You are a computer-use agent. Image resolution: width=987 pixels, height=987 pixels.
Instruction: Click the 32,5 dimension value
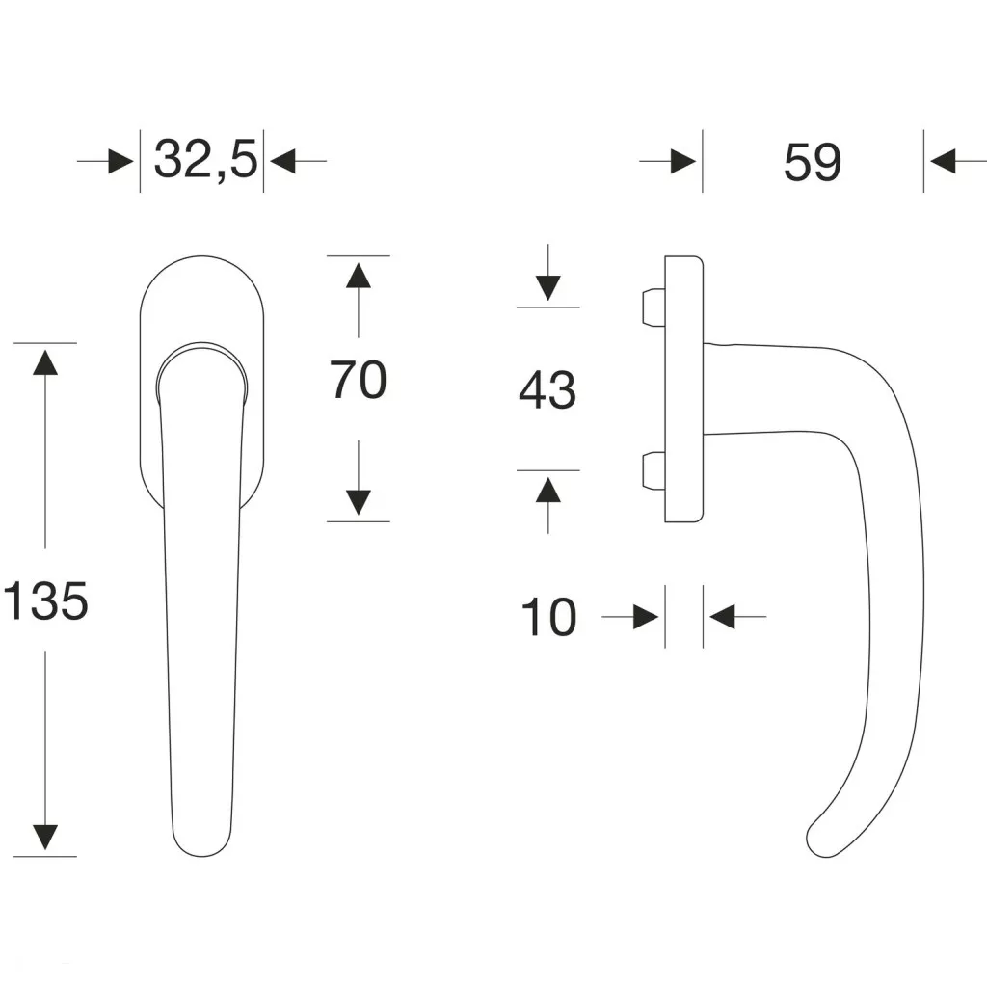(x=206, y=160)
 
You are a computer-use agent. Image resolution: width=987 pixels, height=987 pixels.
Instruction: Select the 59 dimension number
(x=812, y=162)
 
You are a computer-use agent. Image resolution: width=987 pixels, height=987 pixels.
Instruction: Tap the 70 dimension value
(x=359, y=380)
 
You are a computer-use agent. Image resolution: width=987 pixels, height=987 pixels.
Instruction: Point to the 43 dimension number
(x=547, y=390)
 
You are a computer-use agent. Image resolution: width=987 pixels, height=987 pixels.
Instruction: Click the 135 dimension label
(x=45, y=600)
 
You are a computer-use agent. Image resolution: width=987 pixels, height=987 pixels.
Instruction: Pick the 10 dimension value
(x=548, y=617)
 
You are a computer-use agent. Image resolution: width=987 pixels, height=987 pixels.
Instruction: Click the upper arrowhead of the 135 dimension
(x=45, y=362)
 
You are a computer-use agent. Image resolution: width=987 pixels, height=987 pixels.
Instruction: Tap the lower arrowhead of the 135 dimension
(x=45, y=838)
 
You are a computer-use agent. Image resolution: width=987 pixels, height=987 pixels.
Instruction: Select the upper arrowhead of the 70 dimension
(x=359, y=276)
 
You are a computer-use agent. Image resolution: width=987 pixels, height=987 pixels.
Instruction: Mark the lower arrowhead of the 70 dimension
(x=359, y=502)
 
